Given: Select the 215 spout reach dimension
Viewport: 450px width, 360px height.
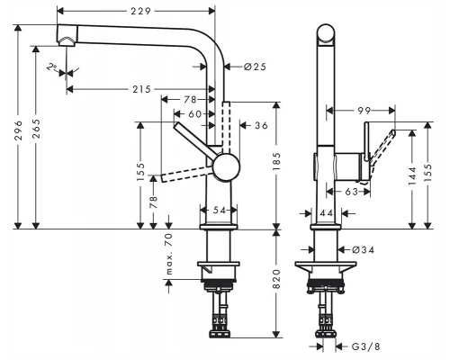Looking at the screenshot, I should pos(139,88).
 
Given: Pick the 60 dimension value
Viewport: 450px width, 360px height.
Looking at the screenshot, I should pos(194,114).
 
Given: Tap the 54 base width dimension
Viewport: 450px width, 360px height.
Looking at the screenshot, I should pos(220,210).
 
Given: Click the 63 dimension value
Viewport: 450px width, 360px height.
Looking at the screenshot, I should pos(353,191).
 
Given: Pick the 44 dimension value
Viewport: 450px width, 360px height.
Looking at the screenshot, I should pos(325,211).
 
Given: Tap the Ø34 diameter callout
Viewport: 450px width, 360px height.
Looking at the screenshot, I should pos(362,249).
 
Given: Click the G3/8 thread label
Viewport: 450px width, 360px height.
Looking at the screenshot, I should pos(364,344).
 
